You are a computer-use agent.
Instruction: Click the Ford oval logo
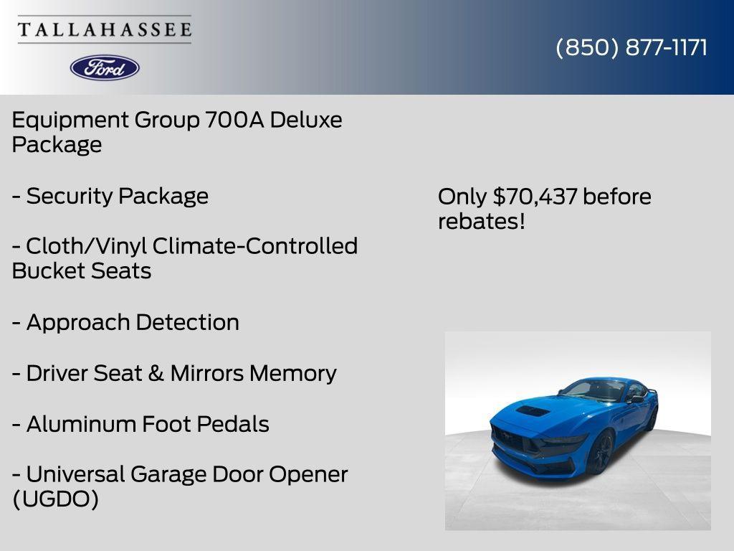105,67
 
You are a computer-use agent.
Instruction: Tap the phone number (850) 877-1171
631,47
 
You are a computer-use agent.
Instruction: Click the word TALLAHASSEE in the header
105,29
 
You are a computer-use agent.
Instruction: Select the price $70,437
535,197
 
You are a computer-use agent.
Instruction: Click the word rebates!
482,222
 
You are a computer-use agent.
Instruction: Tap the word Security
70,196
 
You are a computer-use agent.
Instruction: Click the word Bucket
44,271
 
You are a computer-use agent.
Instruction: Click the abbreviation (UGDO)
55,499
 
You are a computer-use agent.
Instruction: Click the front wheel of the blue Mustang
600,452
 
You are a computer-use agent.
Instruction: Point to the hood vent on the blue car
533,411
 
